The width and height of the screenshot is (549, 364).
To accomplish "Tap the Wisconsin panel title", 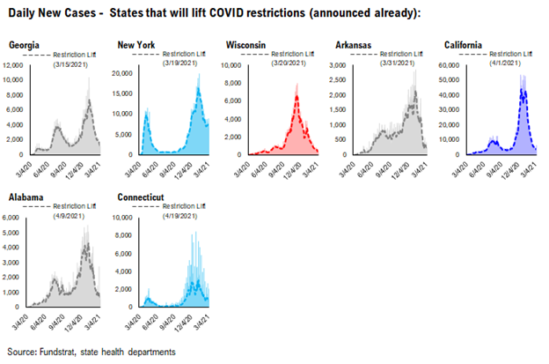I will pyautogui.click(x=247, y=43).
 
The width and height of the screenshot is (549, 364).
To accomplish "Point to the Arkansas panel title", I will pyautogui.click(x=354, y=43).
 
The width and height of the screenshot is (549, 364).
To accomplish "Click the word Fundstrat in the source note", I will pyautogui.click(x=61, y=353).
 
